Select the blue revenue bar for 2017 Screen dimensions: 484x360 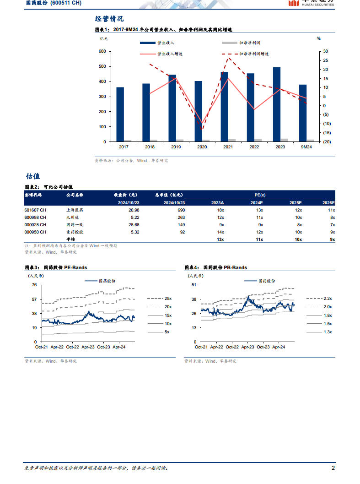[x=120, y=114]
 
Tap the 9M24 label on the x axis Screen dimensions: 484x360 [x=306, y=147]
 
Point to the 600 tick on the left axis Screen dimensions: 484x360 [x=102, y=51]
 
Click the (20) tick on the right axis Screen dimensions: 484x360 [x=326, y=142]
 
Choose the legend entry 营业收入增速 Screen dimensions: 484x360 [x=170, y=54]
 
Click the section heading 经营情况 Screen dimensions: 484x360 [x=109, y=19]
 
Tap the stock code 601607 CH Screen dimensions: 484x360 [x=35, y=210]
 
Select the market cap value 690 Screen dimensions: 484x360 [x=181, y=210]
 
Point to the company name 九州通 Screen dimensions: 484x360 [x=73, y=217]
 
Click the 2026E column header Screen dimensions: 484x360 [x=328, y=202]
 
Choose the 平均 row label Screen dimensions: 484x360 [x=70, y=239]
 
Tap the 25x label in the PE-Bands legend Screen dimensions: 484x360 [x=168, y=298]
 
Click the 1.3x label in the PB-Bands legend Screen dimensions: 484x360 [x=328, y=331]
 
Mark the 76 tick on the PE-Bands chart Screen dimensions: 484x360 [x=34, y=285]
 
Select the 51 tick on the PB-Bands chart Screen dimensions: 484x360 [x=194, y=285]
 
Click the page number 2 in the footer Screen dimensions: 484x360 [x=333, y=468]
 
